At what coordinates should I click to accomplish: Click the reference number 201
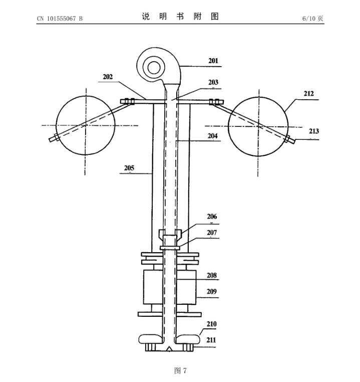point(214,61)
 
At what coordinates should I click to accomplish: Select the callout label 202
point(108,77)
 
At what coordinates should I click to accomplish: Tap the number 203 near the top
point(214,82)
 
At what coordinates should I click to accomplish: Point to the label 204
point(214,136)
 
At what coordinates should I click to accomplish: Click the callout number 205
point(129,168)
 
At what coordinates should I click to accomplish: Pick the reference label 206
point(212,217)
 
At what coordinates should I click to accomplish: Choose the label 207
point(212,233)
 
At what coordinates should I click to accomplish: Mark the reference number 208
point(212,275)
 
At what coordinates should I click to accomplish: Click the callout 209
point(212,291)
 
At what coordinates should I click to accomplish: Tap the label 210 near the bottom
point(212,324)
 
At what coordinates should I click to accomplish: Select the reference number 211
point(212,340)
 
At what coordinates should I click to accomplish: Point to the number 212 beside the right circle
point(308,94)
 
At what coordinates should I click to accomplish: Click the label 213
point(314,131)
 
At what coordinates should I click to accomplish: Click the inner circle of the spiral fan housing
point(154,67)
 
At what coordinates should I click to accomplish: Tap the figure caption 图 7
point(180,370)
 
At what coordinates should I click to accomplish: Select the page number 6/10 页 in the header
point(313,19)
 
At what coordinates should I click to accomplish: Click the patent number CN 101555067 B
point(60,19)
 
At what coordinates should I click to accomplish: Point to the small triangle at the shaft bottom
point(170,348)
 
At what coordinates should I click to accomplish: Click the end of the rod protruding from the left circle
point(51,140)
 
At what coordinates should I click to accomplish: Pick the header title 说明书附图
point(180,17)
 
